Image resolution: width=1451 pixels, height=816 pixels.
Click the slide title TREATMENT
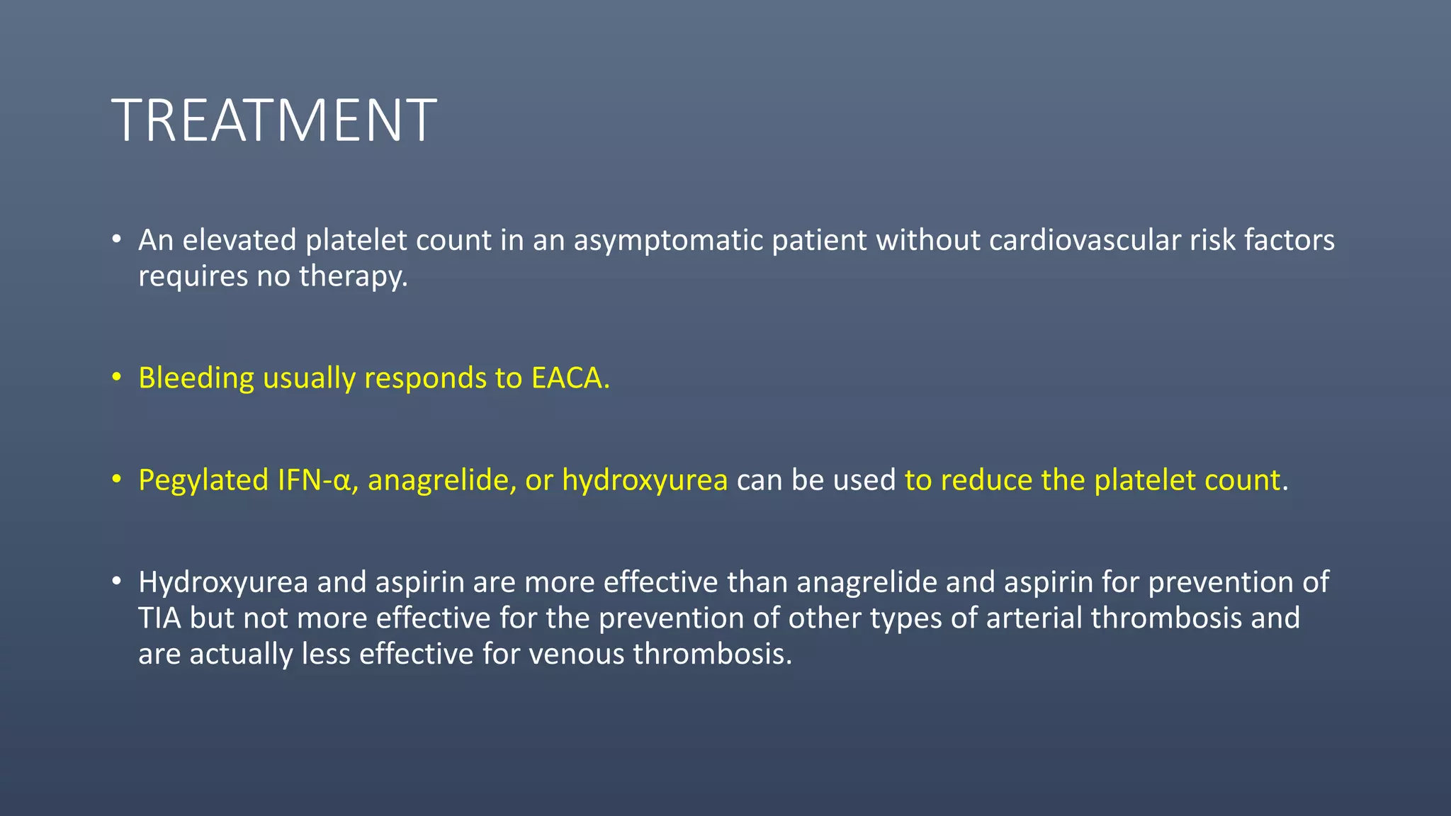pos(274,120)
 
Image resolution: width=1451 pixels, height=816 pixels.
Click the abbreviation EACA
pos(566,378)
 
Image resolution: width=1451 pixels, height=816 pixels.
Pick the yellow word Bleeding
pos(196,378)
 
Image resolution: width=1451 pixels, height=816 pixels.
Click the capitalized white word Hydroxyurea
pos(223,582)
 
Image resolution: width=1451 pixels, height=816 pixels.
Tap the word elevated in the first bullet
pos(239,241)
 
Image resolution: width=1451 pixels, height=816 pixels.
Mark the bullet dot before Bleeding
pos(117,377)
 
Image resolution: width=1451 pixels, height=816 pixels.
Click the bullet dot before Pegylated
pos(117,480)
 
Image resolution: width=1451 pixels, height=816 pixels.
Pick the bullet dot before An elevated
pos(117,239)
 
